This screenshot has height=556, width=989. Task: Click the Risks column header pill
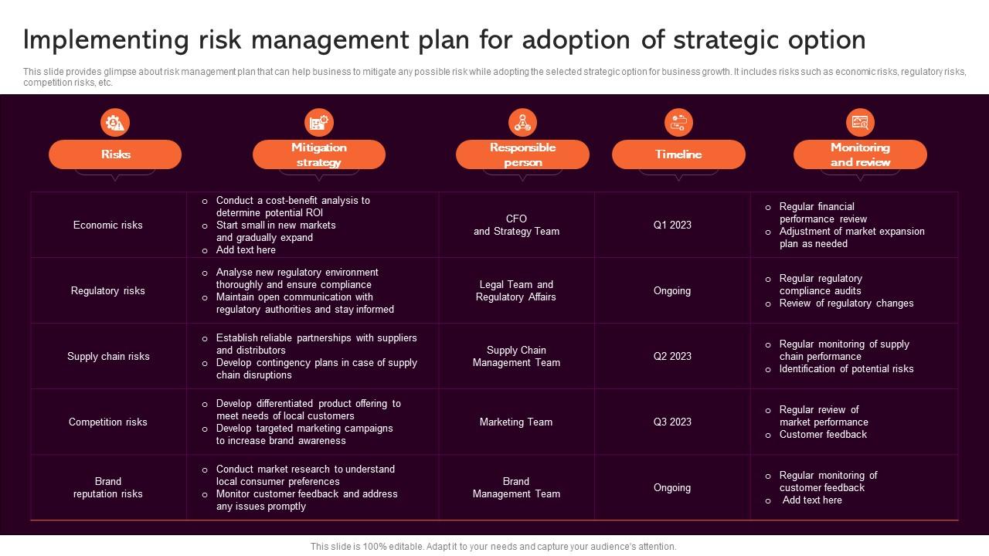coord(115,154)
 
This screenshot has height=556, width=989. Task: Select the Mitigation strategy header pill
coord(318,154)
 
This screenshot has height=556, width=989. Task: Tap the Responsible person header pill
coord(522,154)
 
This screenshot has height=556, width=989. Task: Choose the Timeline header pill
coord(678,154)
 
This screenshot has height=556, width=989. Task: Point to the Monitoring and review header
coord(860,154)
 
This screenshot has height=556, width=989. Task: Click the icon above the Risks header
coord(115,122)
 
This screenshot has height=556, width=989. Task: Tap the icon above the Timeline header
coord(678,122)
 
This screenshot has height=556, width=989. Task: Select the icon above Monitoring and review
coord(860,122)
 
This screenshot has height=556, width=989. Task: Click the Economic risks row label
coord(108,225)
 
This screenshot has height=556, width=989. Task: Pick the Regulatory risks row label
coord(108,291)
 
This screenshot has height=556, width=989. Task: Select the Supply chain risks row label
coord(108,357)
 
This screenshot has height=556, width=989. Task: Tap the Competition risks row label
coord(107,422)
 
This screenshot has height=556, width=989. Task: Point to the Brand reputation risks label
coord(108,488)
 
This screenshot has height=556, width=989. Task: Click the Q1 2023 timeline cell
coord(672,225)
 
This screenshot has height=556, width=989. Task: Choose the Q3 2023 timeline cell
coord(672,422)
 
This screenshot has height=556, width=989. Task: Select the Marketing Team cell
coord(516,422)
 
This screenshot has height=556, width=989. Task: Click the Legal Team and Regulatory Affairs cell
coord(516,291)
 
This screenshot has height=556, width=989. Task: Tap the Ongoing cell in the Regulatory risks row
coord(672,291)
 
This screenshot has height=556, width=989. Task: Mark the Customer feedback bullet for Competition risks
coord(823,435)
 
